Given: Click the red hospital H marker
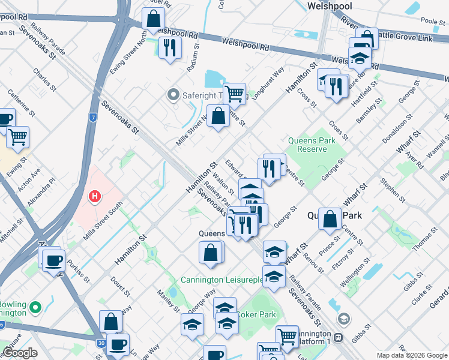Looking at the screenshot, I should point(94,196).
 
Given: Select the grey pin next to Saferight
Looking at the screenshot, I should point(173,94).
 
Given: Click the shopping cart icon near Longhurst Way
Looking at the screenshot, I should point(234,93).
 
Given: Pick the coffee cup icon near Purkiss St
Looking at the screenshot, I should point(53,260).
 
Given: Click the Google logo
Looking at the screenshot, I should point(20,353).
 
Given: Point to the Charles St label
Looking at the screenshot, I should point(41,77).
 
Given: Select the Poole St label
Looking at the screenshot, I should point(432,21).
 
